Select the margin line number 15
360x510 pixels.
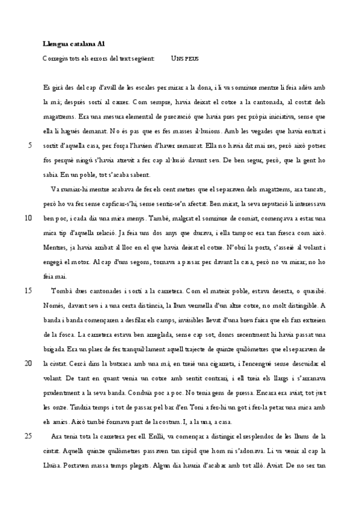pyautogui.click(x=28, y=290)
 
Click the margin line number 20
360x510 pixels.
pyautogui.click(x=28, y=363)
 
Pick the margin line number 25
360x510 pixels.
pyautogui.click(x=28, y=435)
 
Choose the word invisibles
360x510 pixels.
pyautogui.click(x=183, y=319)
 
